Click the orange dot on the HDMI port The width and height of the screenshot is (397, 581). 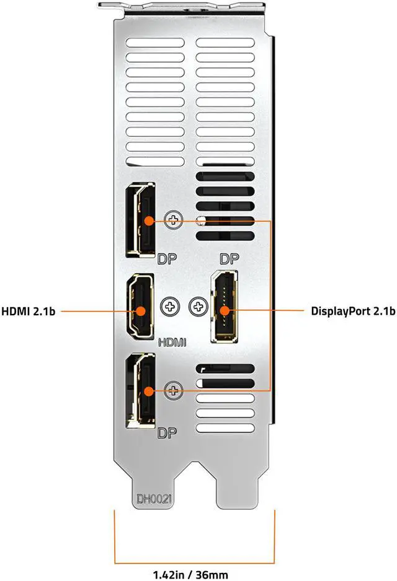141,311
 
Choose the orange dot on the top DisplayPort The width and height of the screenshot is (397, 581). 148,220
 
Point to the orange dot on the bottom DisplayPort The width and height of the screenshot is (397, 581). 148,390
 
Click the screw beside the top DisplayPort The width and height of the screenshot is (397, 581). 174,220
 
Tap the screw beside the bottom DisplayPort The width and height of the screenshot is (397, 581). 174,390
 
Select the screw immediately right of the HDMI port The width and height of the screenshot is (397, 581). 169,306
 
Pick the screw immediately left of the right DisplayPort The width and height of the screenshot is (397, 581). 197,306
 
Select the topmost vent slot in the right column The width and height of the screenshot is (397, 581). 225,45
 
